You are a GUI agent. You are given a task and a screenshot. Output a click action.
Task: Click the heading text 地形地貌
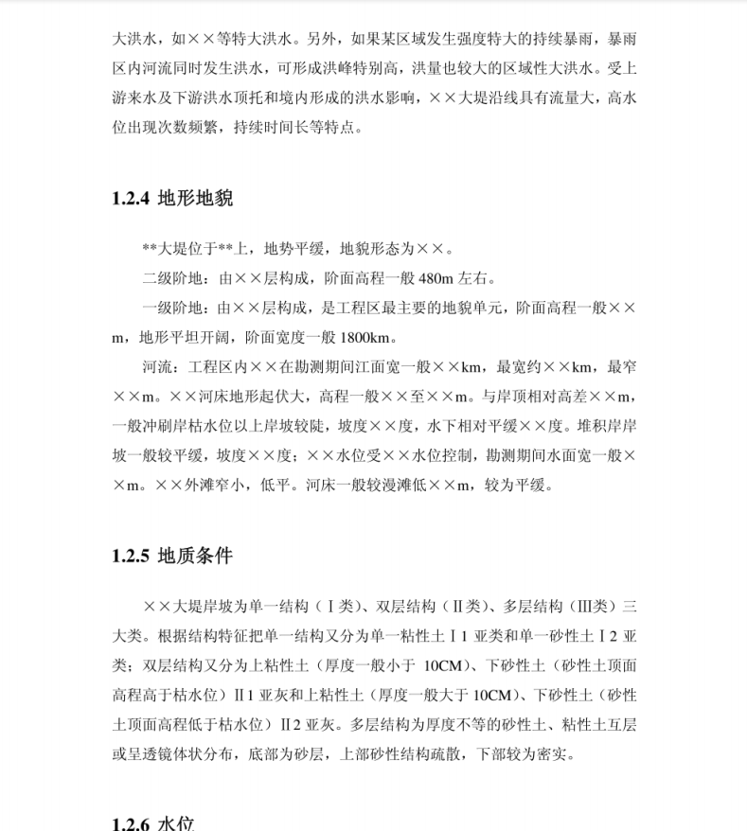click(195, 199)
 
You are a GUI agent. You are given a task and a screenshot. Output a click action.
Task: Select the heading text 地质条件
click(195, 556)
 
